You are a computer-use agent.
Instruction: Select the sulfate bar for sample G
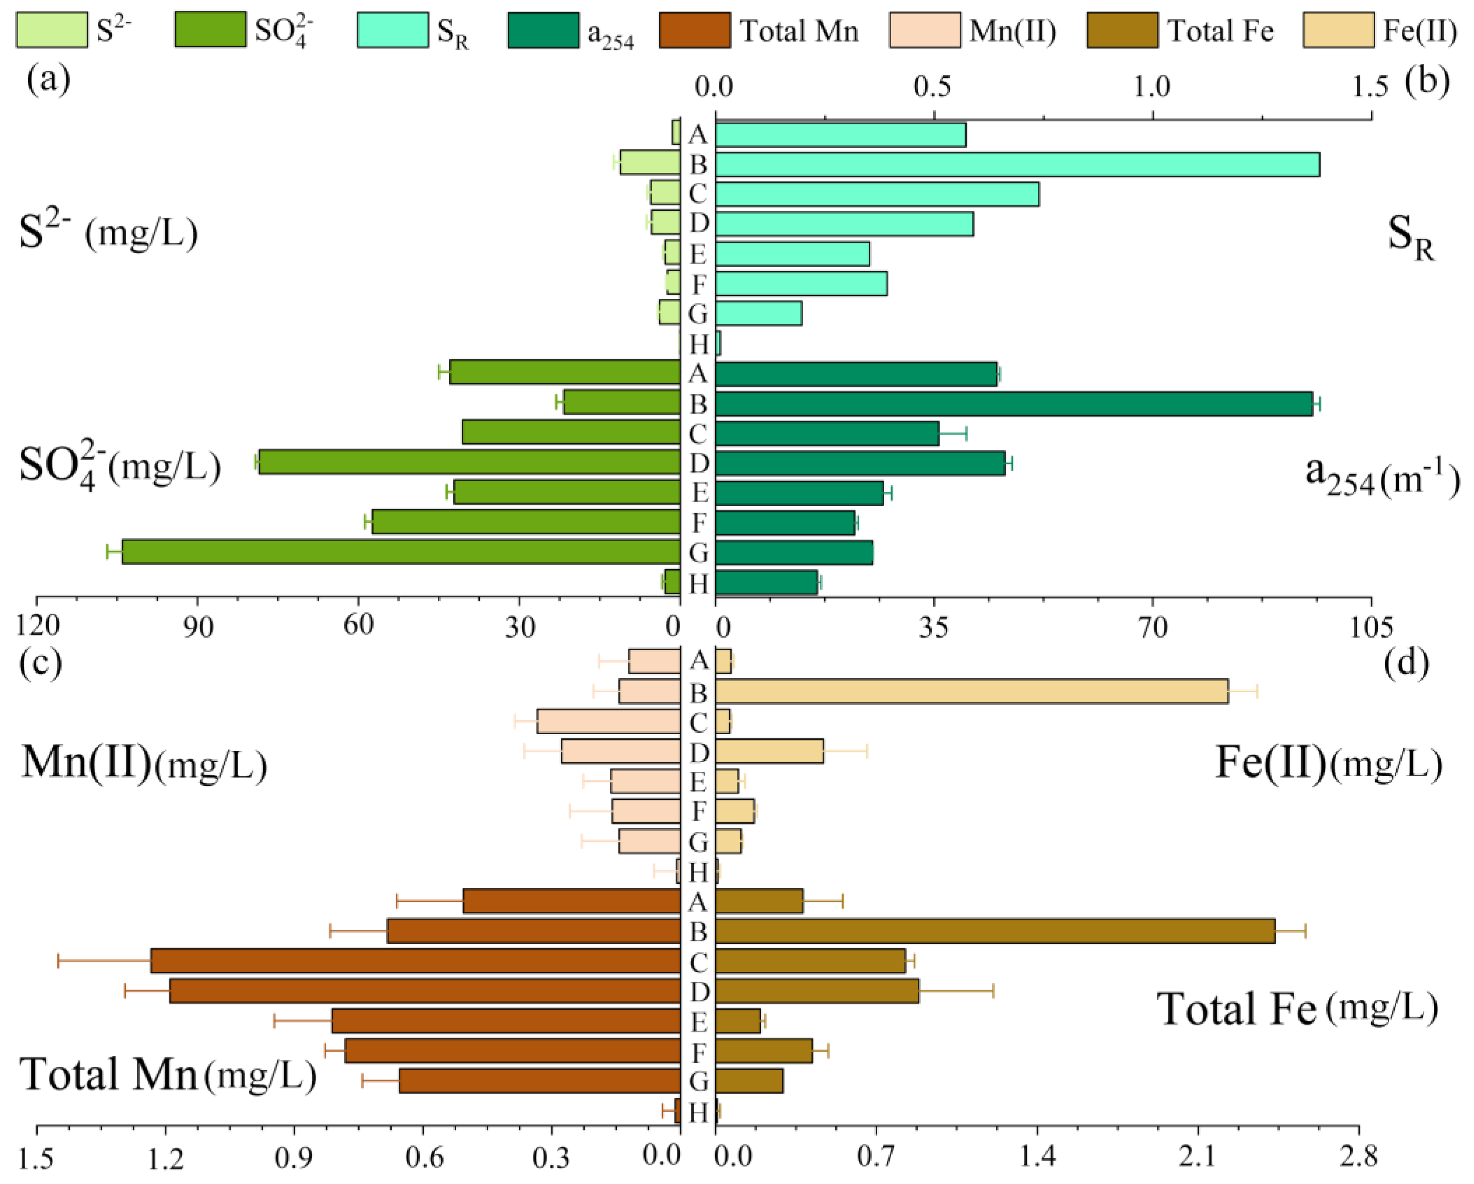point(401,552)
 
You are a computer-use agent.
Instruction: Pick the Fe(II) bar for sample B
point(971,692)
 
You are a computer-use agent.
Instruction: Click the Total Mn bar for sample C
point(416,961)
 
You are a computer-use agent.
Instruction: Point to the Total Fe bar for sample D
point(817,991)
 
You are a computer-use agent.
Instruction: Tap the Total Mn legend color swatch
point(695,31)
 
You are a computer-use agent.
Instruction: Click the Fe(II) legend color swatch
point(1338,31)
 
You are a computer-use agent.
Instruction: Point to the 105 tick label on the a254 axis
point(1371,627)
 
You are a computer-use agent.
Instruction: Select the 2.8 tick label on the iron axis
point(1358,1157)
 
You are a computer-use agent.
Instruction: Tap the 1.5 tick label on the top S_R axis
point(1371,87)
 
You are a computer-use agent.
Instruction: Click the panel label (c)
point(41,662)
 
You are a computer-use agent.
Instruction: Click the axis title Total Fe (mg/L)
point(1297,1009)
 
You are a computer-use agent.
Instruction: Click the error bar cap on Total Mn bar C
point(59,961)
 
